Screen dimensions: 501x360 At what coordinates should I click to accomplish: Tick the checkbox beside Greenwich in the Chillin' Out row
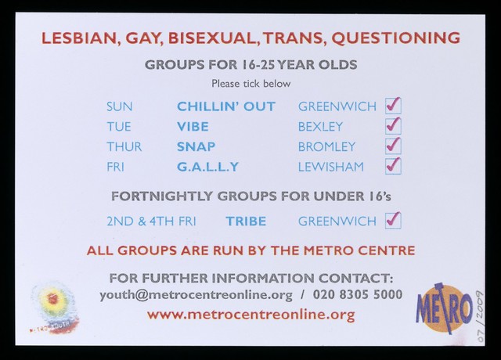pos(393,106)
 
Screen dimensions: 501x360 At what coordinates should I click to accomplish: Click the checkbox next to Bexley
pos(393,126)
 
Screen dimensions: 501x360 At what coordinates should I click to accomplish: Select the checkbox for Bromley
pos(393,146)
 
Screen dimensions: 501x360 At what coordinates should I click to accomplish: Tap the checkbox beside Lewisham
pos(393,167)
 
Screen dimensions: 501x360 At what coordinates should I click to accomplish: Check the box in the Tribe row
pos(393,221)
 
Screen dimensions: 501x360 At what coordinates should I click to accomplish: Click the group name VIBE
pos(193,127)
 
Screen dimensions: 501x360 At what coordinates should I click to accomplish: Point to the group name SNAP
pos(196,147)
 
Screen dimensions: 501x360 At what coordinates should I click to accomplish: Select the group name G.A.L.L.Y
pos(208,167)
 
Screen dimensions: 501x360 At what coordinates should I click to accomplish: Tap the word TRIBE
pos(246,221)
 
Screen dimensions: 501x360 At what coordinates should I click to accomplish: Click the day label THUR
pos(124,147)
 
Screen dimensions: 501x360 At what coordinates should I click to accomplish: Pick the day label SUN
pos(120,106)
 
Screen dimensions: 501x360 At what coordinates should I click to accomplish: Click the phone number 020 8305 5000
pos(358,294)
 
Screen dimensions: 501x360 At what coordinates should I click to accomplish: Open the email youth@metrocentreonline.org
pos(196,295)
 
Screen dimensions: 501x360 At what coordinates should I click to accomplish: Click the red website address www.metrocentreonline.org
pos(251,315)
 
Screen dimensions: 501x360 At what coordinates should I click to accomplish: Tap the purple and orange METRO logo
pos(444,308)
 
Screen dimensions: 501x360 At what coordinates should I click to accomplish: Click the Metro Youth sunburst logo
pos(53,308)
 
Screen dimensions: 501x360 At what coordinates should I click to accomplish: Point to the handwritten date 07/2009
pos(480,316)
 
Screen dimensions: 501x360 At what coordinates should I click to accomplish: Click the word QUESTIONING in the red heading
pos(395,38)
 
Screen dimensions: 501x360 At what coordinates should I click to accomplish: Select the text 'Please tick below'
pos(251,84)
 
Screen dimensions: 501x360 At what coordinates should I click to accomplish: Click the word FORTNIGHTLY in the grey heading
pos(162,196)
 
